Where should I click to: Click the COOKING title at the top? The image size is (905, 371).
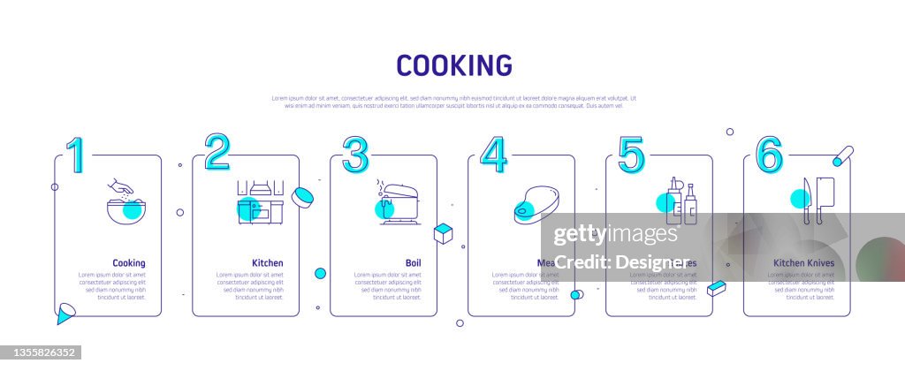tap(453, 65)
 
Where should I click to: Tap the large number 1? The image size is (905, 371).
tap(77, 155)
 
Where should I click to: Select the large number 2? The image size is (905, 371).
tap(217, 153)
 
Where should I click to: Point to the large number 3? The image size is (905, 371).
tap(355, 155)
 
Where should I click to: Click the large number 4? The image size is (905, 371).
tap(493, 155)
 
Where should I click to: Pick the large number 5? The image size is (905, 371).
tap(631, 155)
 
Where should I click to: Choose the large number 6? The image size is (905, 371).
tap(769, 155)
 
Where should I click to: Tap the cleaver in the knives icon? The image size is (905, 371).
tap(825, 198)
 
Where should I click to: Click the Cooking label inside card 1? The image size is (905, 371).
tap(129, 263)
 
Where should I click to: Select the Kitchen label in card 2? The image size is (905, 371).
tap(268, 263)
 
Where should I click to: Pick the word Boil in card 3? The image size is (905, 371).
tap(413, 263)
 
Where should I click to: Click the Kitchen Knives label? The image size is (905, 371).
tap(803, 263)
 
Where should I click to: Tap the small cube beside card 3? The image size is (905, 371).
tap(443, 233)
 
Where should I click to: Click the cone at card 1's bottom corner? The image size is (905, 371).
tap(65, 313)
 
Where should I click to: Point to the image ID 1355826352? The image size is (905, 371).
tap(41, 352)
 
